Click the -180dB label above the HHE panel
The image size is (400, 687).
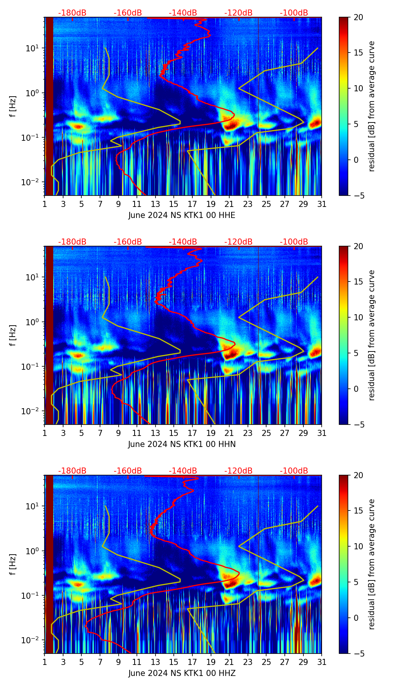pos(72,13)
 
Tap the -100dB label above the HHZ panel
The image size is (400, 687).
pos(294,471)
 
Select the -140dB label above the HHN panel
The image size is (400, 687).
pos(183,242)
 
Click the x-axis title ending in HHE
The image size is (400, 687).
pos(182,215)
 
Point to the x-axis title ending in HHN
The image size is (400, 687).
pos(182,444)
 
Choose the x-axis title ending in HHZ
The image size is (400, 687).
pos(182,673)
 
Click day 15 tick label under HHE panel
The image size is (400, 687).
pos(174,204)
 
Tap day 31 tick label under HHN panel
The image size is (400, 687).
pos(322,433)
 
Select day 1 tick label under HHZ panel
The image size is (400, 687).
pos(45,662)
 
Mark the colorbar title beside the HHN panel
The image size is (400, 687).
pos(371,335)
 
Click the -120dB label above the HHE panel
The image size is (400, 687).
pos(238,13)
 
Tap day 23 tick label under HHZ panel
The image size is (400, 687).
pos(248,662)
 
